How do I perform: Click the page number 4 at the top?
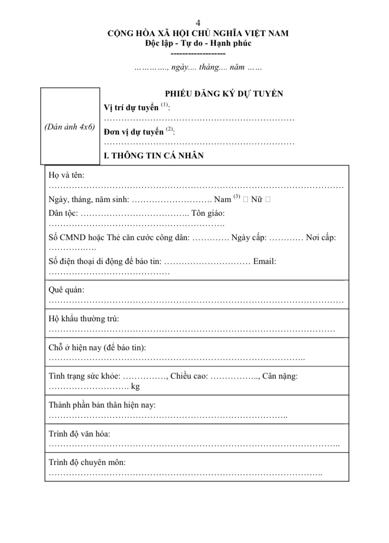[198, 23]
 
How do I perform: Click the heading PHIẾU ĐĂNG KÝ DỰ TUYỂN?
[224, 93]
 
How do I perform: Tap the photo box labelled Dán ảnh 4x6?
[70, 127]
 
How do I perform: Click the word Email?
[264, 261]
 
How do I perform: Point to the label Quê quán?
[67, 290]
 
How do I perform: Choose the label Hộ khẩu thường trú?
[84, 319]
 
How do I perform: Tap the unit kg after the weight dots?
[135, 387]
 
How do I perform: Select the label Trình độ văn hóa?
[79, 434]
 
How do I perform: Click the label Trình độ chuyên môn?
[87, 462]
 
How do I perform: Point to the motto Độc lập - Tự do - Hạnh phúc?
[198, 43]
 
